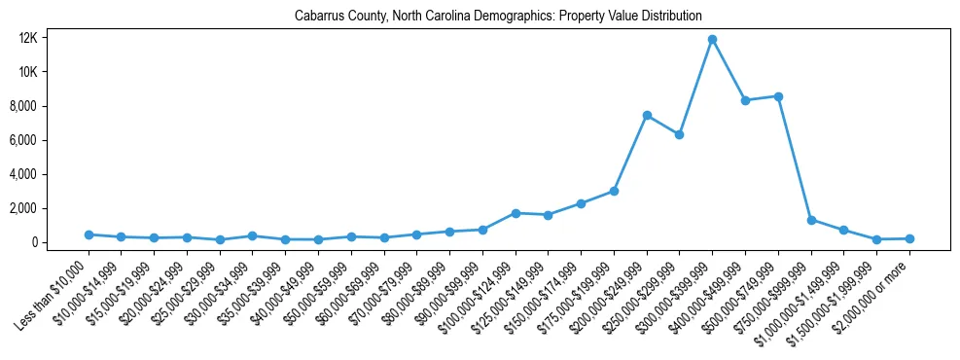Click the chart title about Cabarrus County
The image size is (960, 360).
pyautogui.click(x=498, y=16)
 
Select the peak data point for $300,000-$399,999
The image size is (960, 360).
pyautogui.click(x=712, y=40)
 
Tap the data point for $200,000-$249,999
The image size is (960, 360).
pyautogui.click(x=647, y=116)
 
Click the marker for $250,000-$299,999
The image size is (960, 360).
pyautogui.click(x=680, y=134)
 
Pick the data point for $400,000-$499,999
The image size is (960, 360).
pyautogui.click(x=745, y=100)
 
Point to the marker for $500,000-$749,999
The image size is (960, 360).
pyautogui.click(x=778, y=96)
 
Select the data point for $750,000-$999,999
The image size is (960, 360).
pyautogui.click(x=811, y=220)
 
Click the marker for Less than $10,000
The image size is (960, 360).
pyautogui.click(x=89, y=234)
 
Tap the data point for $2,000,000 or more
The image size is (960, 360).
pyautogui.click(x=909, y=238)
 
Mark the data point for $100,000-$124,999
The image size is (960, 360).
pyautogui.click(x=516, y=213)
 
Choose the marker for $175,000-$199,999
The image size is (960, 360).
pyautogui.click(x=614, y=191)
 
